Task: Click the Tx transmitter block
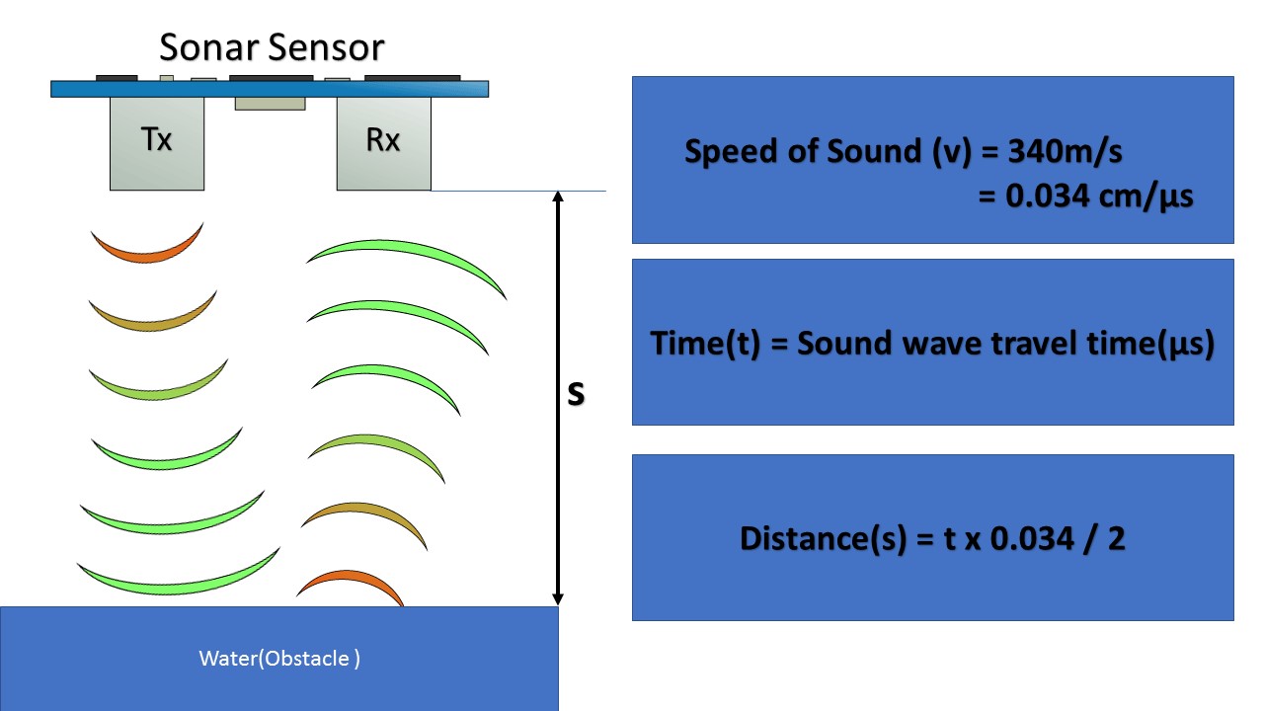[x=157, y=142]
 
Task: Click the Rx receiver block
[x=383, y=142]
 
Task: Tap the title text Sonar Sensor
[x=272, y=46]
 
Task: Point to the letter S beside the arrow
[x=576, y=393]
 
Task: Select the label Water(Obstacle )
[x=279, y=659]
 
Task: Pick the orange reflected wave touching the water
[x=352, y=585]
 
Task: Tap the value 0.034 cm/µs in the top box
[x=1085, y=197]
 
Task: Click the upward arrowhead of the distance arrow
[x=557, y=197]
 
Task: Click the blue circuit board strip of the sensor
[x=270, y=89]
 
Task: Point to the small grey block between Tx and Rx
[x=270, y=103]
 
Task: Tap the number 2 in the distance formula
[x=1116, y=539]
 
